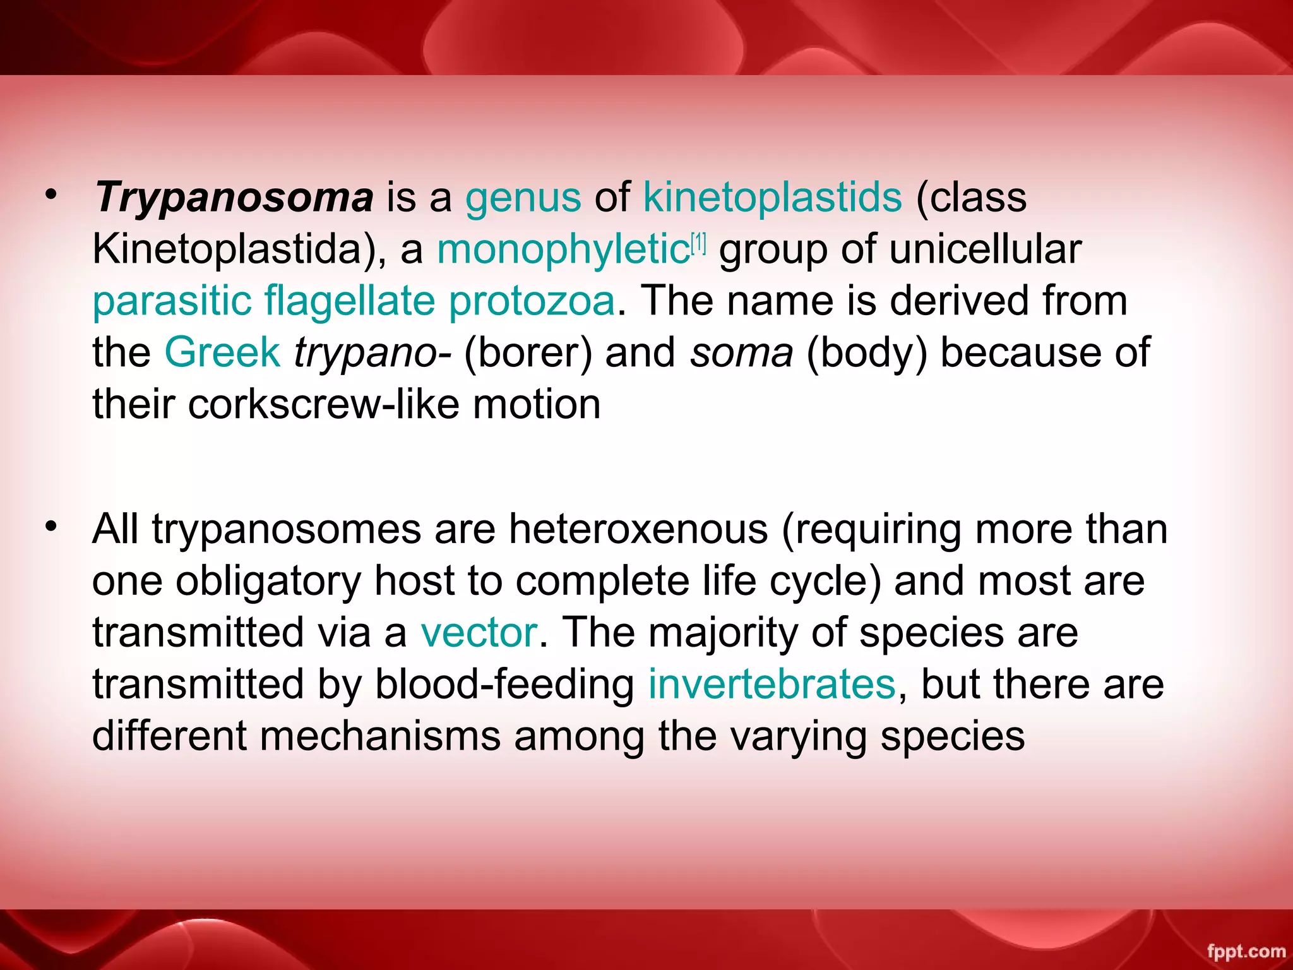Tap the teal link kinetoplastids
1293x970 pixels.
(772, 197)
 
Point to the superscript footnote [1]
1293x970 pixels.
(699, 242)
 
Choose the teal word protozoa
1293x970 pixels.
(532, 301)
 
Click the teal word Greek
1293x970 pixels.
(222, 352)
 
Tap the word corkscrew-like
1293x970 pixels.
(323, 404)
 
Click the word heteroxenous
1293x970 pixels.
(638, 529)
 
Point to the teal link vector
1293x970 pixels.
(479, 633)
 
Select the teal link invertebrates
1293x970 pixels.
(772, 685)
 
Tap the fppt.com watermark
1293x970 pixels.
(1246, 951)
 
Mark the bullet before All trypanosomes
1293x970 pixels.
(51, 525)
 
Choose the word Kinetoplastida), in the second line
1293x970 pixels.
(240, 250)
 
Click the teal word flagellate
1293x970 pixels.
(350, 301)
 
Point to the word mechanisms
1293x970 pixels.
(379, 736)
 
